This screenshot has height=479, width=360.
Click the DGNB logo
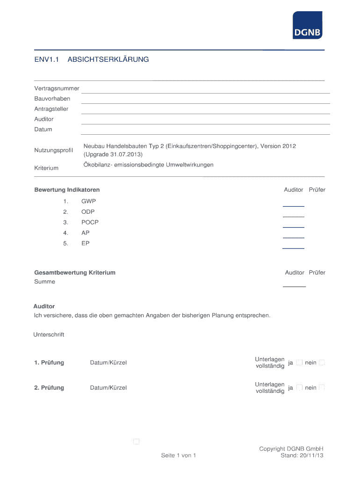[x=307, y=25]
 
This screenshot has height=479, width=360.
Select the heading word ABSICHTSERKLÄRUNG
[x=108, y=59]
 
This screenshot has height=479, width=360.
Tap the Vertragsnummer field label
[x=57, y=88]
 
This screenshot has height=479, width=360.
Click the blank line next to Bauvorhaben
[x=206, y=102]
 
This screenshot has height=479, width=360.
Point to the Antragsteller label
[x=51, y=109]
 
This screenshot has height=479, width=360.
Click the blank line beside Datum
[x=206, y=133]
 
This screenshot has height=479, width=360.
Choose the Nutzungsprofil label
[x=54, y=150]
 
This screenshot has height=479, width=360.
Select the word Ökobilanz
[x=98, y=165]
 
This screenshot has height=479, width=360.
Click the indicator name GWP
[x=88, y=201]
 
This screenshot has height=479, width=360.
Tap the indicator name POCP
[x=90, y=222]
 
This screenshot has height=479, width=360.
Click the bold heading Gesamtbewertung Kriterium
[x=75, y=272]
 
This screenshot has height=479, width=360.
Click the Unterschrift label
[x=49, y=334]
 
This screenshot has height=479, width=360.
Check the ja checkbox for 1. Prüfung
[x=299, y=363]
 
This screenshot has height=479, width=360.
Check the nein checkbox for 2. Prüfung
[x=322, y=387]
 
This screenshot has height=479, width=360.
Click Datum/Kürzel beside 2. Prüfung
[x=108, y=388]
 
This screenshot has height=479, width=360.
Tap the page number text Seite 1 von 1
[x=178, y=455]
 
